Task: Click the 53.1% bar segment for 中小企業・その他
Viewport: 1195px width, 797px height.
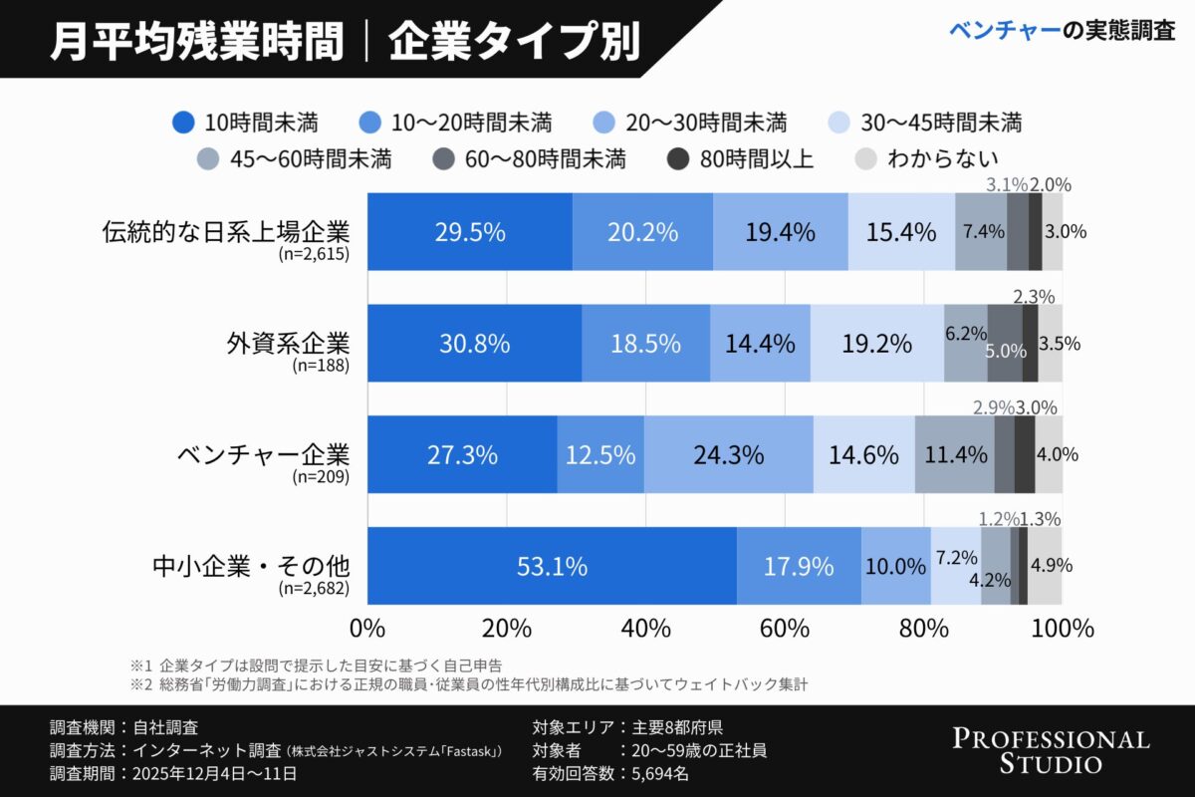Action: [552, 566]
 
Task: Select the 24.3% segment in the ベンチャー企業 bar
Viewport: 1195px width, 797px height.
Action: [729, 455]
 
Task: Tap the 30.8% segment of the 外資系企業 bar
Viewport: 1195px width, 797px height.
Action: [474, 344]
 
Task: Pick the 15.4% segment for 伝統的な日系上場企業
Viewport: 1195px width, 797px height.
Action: [900, 232]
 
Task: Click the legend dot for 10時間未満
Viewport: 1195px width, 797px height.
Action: [183, 124]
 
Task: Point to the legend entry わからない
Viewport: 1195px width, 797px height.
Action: [927, 157]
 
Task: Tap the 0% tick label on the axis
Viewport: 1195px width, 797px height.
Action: [368, 629]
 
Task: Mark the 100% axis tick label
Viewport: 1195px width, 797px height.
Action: [1062, 629]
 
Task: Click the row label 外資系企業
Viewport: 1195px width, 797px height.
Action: [289, 344]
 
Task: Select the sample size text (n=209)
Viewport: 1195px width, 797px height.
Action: [321, 477]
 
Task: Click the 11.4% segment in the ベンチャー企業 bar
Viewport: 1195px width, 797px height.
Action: [955, 455]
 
